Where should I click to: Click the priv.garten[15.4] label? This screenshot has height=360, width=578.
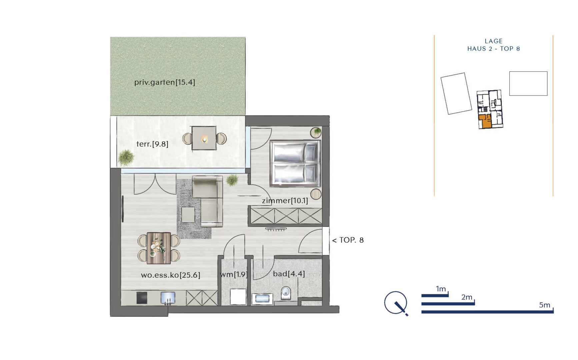(x=165, y=82)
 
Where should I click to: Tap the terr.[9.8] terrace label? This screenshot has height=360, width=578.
(x=152, y=144)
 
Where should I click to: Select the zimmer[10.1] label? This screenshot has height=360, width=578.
(x=285, y=201)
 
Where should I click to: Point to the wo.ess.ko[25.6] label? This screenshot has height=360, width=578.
(x=171, y=275)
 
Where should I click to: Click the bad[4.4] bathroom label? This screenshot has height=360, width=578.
(x=289, y=274)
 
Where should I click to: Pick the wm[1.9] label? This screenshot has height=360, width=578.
(x=234, y=275)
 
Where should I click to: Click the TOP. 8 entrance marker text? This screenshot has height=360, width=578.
(x=348, y=240)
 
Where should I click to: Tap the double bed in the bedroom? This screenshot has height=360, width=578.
(x=295, y=163)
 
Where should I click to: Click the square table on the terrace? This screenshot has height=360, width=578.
(x=204, y=138)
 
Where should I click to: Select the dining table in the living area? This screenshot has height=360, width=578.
(x=159, y=248)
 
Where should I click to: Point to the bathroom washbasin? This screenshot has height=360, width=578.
(x=262, y=299)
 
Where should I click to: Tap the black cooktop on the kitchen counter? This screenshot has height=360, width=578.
(x=142, y=298)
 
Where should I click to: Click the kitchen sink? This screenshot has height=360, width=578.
(x=168, y=298)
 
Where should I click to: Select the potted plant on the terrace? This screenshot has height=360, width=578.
(x=126, y=157)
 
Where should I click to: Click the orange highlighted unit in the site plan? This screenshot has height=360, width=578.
(x=485, y=121)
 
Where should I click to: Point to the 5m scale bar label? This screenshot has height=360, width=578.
(x=544, y=305)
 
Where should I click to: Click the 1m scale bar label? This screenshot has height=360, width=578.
(x=441, y=289)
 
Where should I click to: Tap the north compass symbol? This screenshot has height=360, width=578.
(x=396, y=303)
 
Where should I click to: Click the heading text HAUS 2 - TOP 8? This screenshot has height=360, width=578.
(x=493, y=49)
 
